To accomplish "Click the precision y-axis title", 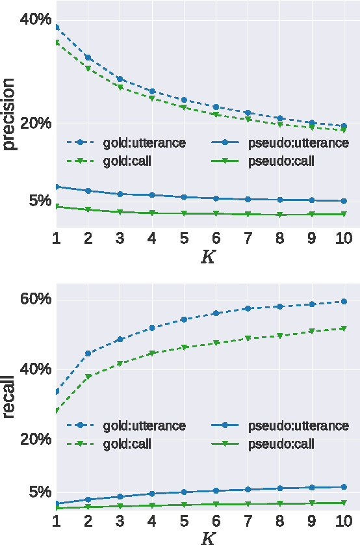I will tap(9, 114).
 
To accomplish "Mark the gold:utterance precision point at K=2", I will tap(88, 58).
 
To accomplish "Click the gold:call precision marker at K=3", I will tap(120, 87).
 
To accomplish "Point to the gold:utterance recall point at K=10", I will tap(344, 302).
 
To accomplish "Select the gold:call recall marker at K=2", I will tap(88, 377).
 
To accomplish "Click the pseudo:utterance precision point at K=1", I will tap(56, 187).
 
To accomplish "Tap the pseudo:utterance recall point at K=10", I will tap(344, 486).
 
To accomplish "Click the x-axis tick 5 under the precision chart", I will tap(184, 238).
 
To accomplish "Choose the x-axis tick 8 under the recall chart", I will tap(280, 521).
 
